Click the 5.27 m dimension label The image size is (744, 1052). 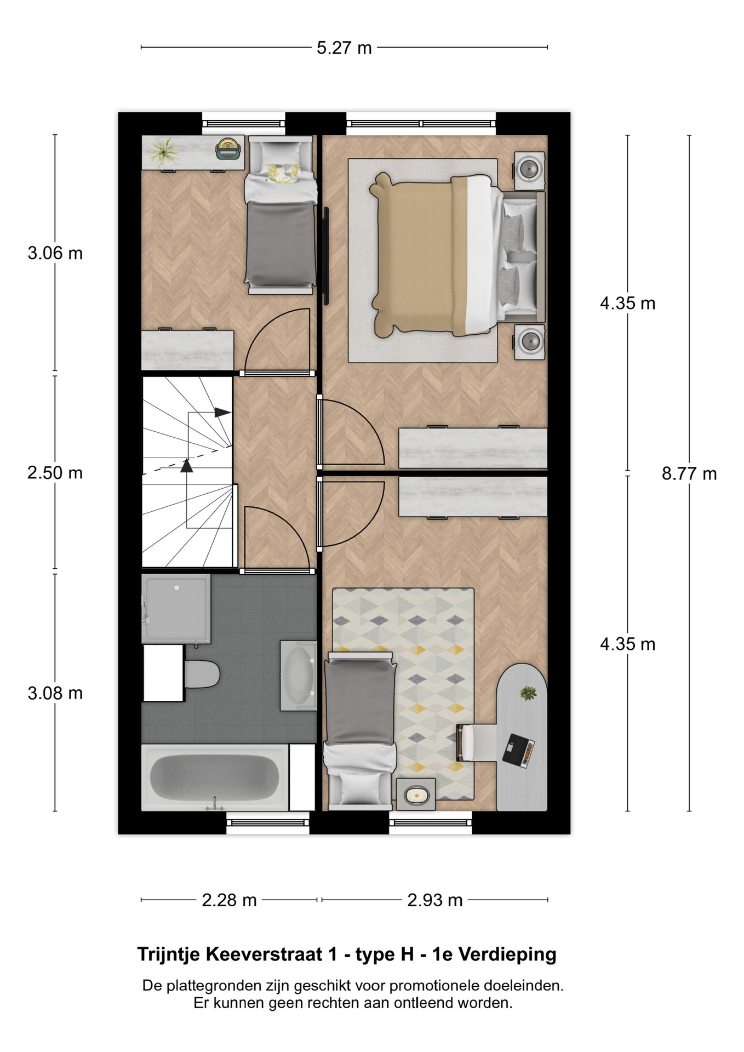pyautogui.click(x=344, y=48)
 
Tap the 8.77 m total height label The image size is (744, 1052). pyautogui.click(x=689, y=473)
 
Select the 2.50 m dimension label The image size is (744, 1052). pyautogui.click(x=55, y=472)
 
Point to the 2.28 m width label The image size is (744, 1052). pyautogui.click(x=229, y=900)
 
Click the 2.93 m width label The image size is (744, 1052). pyautogui.click(x=435, y=900)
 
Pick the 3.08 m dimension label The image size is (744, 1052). pyautogui.click(x=55, y=693)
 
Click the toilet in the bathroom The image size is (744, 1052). pyautogui.click(x=202, y=674)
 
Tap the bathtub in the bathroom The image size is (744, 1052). pyautogui.click(x=215, y=777)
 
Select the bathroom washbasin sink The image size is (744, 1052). pyautogui.click(x=299, y=676)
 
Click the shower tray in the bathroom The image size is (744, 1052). pyautogui.click(x=176, y=609)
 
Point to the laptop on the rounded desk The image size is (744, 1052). pyautogui.click(x=518, y=750)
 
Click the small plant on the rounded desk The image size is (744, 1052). pyautogui.click(x=528, y=693)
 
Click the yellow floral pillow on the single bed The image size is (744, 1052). pyautogui.click(x=283, y=172)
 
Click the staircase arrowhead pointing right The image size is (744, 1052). pyautogui.click(x=222, y=412)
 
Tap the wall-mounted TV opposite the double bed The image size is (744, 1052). pyautogui.click(x=326, y=255)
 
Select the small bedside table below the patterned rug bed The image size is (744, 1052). pyautogui.click(x=416, y=794)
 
